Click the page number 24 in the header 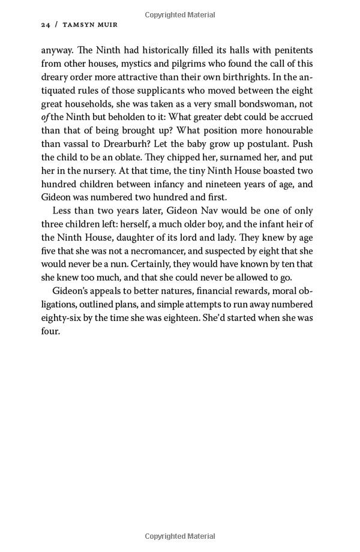point(46,25)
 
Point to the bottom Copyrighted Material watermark point(180,536)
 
